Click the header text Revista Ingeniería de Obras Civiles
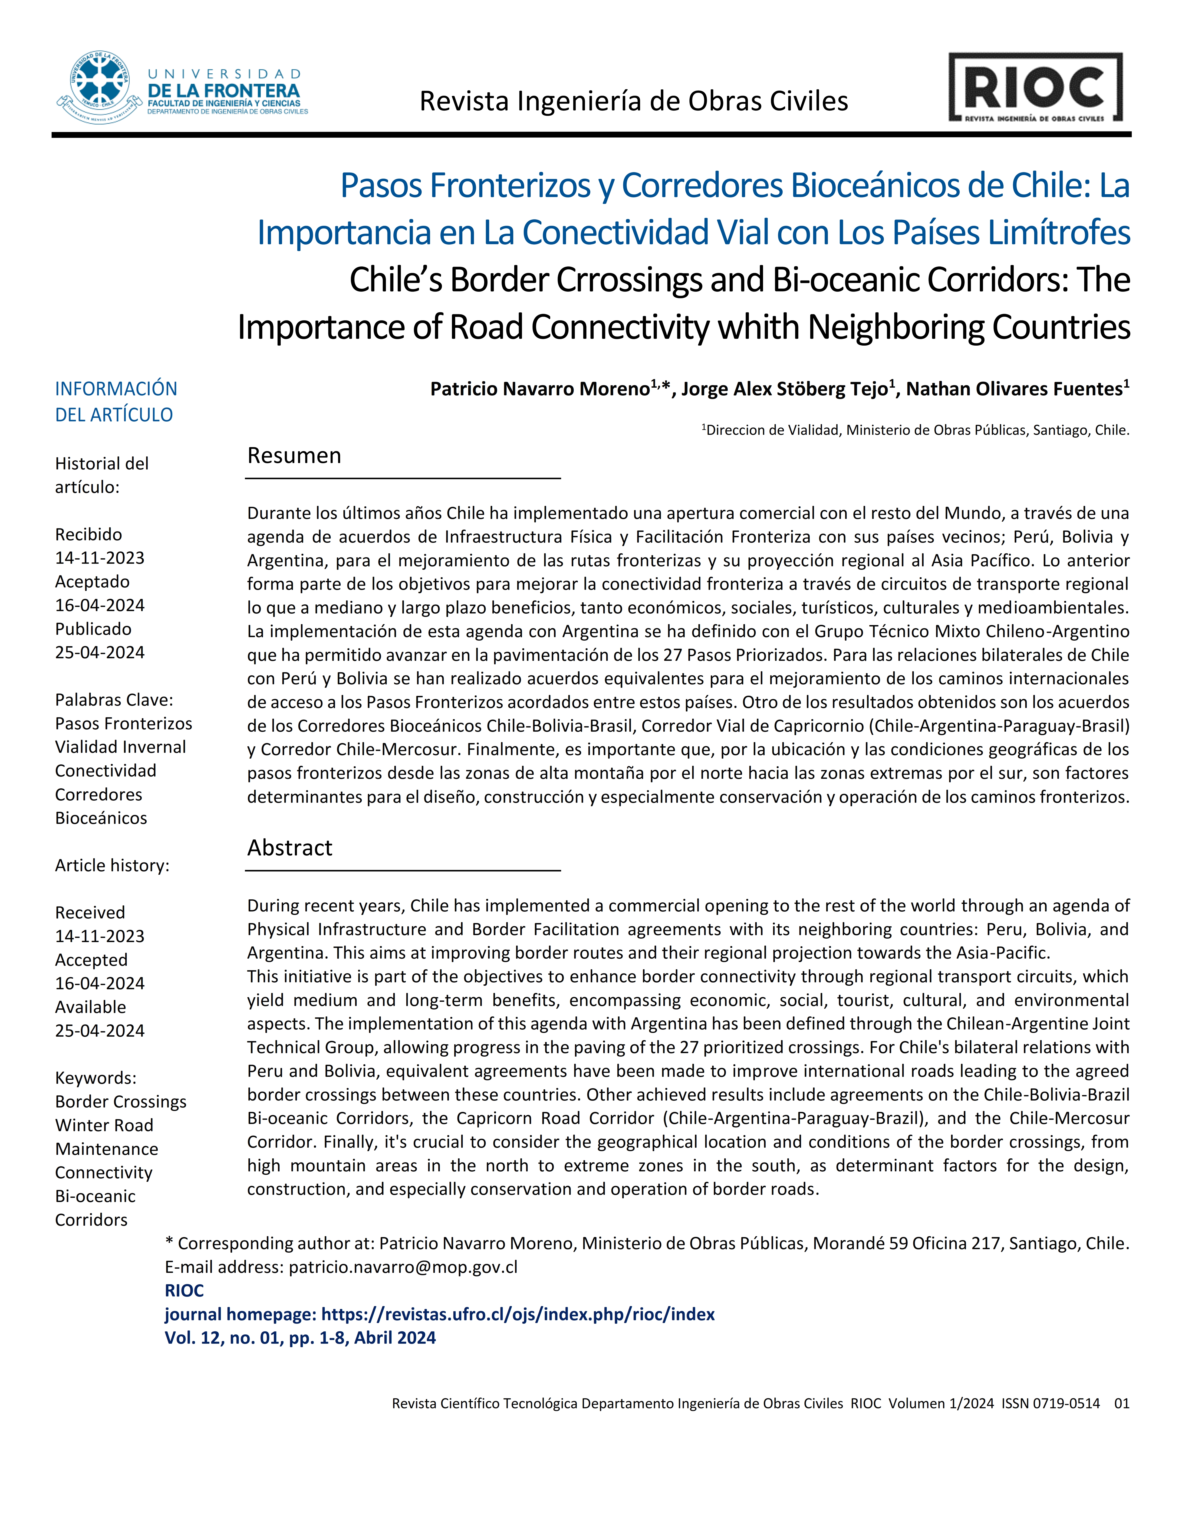pos(633,102)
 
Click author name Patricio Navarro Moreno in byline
pos(539,389)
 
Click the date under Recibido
pos(100,558)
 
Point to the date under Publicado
pos(100,653)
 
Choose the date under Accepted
pos(100,983)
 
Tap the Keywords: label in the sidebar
pos(95,1078)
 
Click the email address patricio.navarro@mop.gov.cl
pos(403,1267)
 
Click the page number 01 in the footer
pos(1121,1404)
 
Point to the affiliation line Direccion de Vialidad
pos(917,430)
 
